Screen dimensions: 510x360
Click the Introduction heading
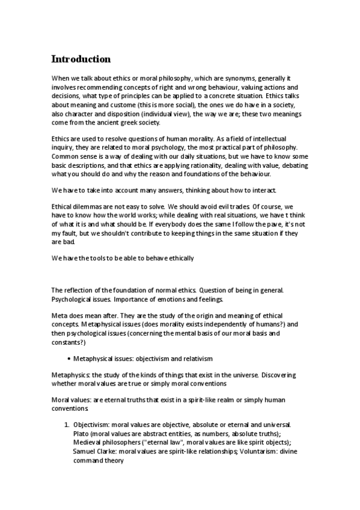pos(81,59)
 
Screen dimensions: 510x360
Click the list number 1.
pos(67,425)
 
